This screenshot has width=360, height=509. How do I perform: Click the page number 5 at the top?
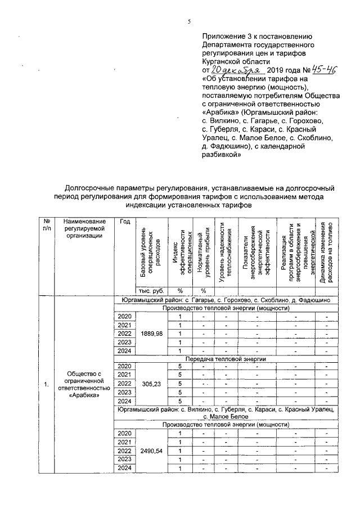190,21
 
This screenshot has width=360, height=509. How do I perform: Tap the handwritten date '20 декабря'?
233,70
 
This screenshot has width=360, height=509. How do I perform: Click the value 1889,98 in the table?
148,334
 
